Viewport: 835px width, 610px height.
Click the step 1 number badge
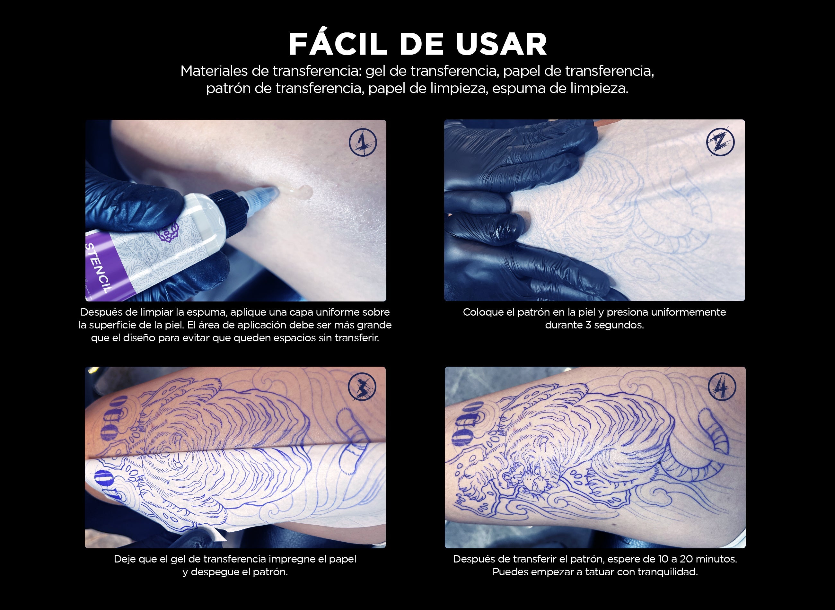(363, 142)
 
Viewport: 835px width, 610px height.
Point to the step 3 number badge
(362, 387)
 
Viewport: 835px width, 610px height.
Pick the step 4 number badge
(722, 387)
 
